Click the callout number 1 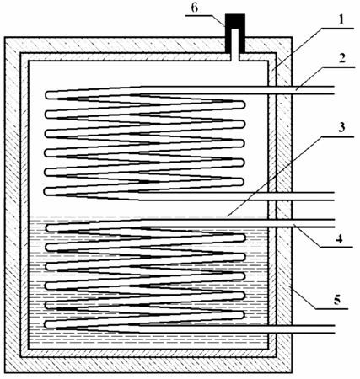[341, 20]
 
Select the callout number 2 [341, 58]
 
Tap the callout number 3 [341, 127]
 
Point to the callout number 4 [339, 238]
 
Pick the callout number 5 [336, 300]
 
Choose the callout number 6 [195, 8]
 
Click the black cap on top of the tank [235, 33]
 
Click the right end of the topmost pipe [334, 90]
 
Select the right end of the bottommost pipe [334, 329]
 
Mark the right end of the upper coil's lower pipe [334, 196]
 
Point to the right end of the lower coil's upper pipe [334, 223]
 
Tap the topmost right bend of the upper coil [243, 105]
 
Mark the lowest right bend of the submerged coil [243, 315]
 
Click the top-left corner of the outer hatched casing [4, 37]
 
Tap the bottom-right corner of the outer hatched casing [293, 373]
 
